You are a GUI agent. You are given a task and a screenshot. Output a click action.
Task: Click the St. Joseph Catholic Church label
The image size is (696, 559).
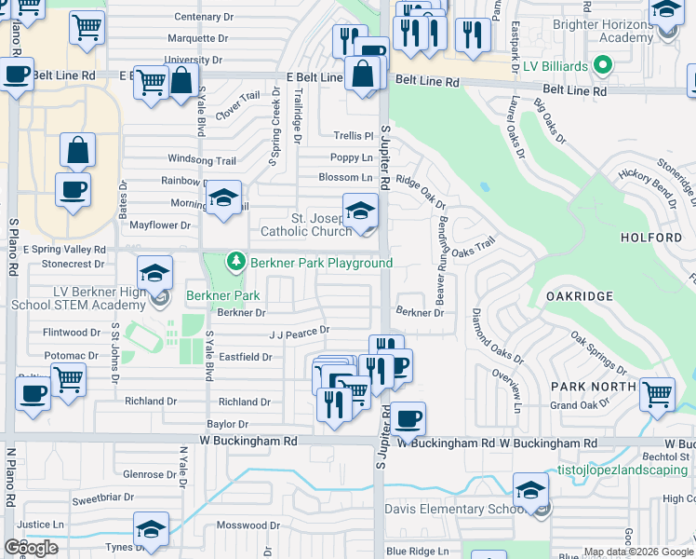(318, 225)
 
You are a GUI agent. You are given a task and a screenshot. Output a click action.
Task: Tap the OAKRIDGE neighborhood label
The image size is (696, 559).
(580, 296)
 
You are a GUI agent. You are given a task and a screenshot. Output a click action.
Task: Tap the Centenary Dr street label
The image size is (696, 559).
(202, 17)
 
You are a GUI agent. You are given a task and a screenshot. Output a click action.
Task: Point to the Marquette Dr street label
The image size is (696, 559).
(197, 38)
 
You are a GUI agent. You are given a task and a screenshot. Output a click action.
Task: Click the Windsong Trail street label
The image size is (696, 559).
(202, 160)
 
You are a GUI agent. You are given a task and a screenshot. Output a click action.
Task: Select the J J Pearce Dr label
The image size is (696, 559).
(299, 331)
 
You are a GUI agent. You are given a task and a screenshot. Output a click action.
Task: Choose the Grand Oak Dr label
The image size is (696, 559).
(580, 405)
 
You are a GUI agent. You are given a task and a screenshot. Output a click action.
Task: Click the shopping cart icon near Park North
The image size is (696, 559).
(657, 394)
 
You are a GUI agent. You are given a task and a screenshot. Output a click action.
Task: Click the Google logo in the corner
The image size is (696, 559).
(31, 548)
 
